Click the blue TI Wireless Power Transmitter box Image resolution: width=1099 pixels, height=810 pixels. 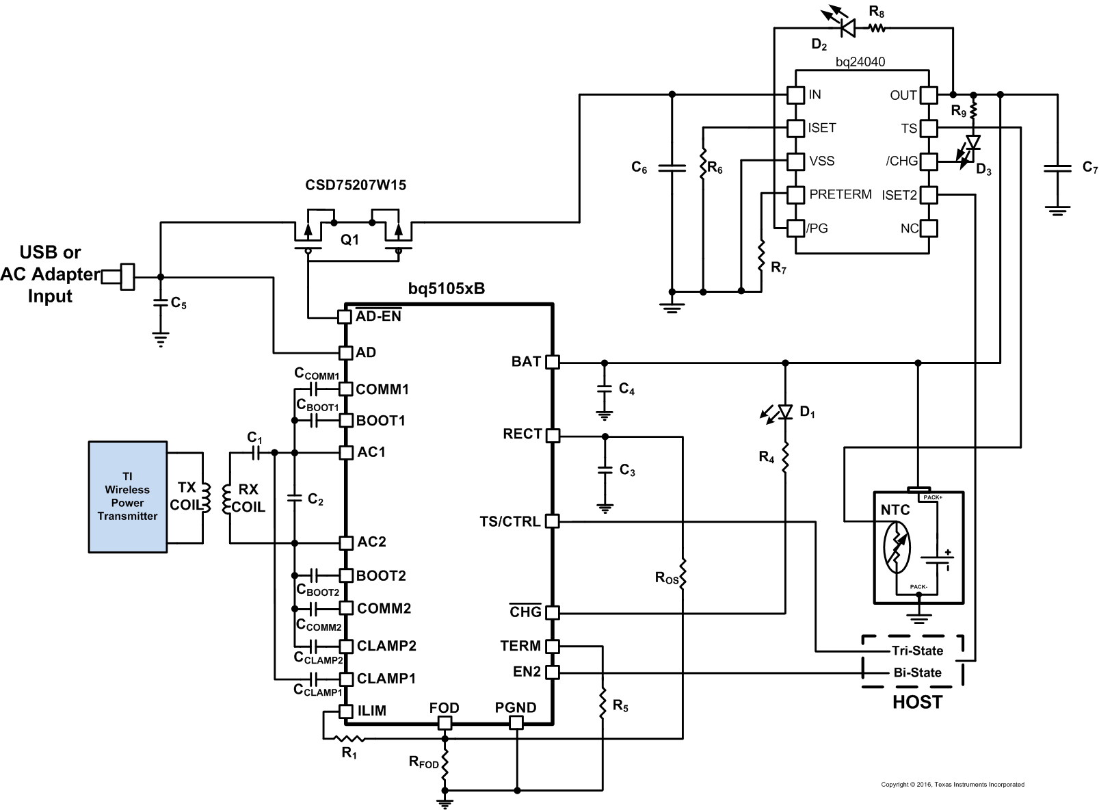(x=127, y=496)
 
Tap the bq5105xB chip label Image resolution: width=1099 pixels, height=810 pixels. (x=446, y=289)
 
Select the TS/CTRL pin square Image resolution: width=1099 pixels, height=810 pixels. (x=553, y=521)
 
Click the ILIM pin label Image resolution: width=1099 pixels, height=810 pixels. (x=371, y=711)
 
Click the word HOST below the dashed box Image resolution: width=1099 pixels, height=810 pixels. (x=916, y=703)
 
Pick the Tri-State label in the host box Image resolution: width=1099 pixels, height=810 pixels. (x=916, y=651)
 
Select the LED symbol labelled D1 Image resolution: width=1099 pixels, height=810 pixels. (x=785, y=411)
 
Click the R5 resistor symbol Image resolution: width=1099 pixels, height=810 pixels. (x=603, y=705)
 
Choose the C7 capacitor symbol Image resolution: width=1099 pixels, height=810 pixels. (x=1057, y=168)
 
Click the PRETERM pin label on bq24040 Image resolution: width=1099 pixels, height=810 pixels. (x=840, y=194)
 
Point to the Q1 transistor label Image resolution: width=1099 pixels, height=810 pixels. (x=349, y=240)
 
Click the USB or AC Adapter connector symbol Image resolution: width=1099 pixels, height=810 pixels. (x=126, y=276)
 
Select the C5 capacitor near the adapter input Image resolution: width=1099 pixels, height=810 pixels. (x=161, y=302)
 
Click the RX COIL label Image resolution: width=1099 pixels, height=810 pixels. (x=248, y=498)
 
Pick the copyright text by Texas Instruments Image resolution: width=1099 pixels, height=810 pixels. (x=952, y=785)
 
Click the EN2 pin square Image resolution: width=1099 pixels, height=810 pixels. (x=553, y=672)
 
